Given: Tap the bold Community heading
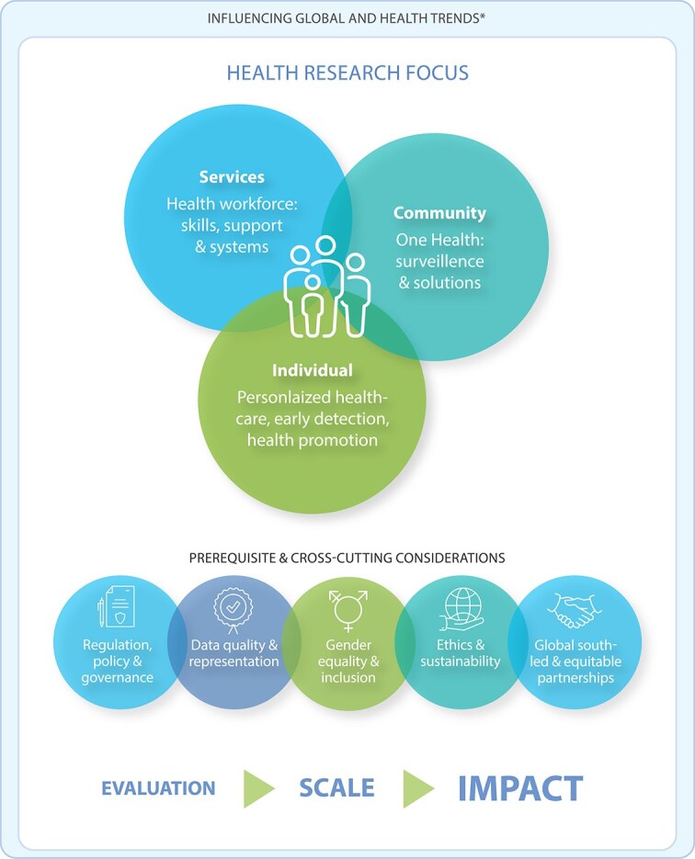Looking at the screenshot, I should click(x=439, y=213).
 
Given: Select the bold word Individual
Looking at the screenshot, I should click(x=312, y=370).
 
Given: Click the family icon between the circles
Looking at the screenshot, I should click(x=326, y=287).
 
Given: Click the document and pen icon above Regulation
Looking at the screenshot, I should click(x=117, y=606).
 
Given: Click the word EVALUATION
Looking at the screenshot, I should click(x=158, y=788).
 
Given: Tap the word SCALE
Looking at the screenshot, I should click(x=336, y=787).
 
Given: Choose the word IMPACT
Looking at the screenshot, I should click(x=520, y=787).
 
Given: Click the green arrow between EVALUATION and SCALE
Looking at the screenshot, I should click(x=258, y=787).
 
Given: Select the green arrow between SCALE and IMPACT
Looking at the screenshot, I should click(x=418, y=787).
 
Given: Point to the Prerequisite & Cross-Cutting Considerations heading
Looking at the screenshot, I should click(x=347, y=558).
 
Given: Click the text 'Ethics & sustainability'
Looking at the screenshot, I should click(x=462, y=653).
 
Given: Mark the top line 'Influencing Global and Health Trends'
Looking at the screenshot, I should click(x=347, y=18).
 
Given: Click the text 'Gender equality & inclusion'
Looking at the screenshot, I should click(x=347, y=661).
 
